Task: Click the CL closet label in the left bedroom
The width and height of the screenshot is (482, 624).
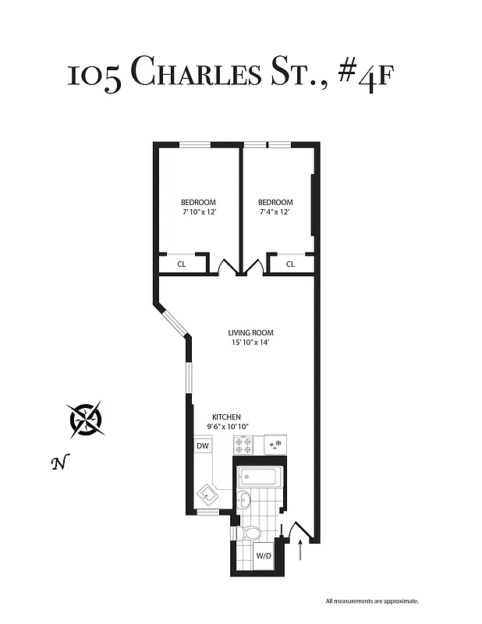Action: pos(182,264)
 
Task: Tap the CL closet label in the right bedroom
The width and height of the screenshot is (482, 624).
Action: pos(290,264)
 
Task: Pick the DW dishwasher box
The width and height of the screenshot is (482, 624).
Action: pos(203,445)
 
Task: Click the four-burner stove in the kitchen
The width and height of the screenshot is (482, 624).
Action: pos(243,445)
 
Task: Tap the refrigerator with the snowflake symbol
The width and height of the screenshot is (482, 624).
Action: pos(275,445)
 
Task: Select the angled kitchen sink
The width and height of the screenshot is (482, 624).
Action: pos(208,494)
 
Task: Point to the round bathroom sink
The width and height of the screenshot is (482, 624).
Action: pos(245,500)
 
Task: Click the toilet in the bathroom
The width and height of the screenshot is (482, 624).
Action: pos(250,534)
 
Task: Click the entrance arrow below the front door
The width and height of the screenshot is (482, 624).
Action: pos(301,551)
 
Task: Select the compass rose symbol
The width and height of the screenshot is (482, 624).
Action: pos(86,419)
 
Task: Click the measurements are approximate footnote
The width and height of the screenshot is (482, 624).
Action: pos(372,601)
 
